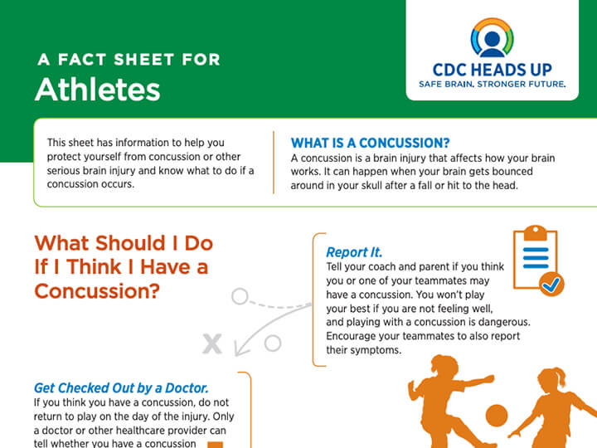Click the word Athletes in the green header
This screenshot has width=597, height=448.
click(x=98, y=90)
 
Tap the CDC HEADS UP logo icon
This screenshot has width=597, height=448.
click(x=492, y=37)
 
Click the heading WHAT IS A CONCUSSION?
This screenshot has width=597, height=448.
click(x=370, y=143)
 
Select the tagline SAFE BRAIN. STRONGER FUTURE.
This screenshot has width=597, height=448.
click(x=492, y=84)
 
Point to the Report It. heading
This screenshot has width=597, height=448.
click(x=354, y=252)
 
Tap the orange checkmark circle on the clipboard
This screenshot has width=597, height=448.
click(x=551, y=284)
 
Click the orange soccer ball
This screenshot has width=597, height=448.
click(x=497, y=416)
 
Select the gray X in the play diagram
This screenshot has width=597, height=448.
click(x=212, y=344)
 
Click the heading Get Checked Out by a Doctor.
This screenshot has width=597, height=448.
click(x=121, y=387)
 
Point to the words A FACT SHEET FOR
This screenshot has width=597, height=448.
click(x=129, y=60)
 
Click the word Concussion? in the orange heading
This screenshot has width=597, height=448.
click(x=97, y=291)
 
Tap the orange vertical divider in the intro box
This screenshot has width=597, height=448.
click(x=274, y=163)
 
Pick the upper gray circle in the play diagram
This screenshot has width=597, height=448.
click(x=240, y=296)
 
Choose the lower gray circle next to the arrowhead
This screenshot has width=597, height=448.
click(x=273, y=343)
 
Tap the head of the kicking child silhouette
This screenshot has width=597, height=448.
click(x=444, y=364)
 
